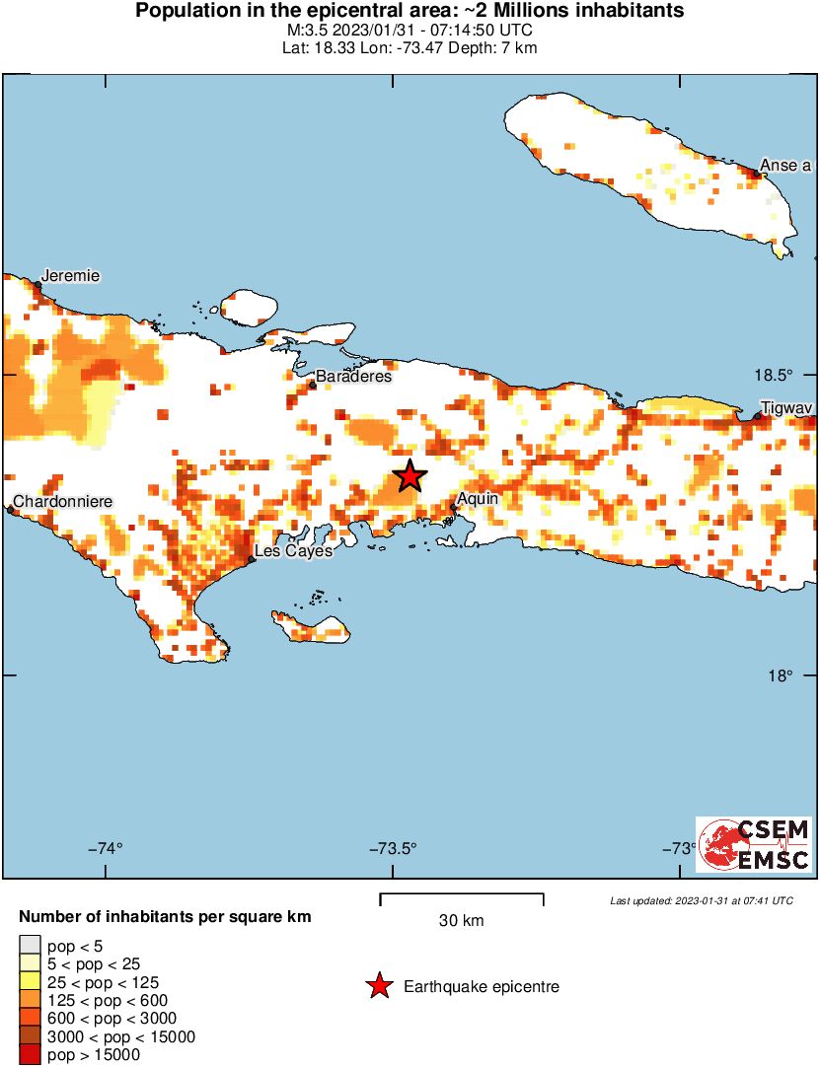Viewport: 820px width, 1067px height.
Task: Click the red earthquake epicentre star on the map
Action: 410,476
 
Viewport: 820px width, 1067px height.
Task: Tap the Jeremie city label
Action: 70,276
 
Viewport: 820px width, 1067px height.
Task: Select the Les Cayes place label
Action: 293,550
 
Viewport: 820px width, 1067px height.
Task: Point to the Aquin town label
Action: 478,499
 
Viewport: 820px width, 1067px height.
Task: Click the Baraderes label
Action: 353,376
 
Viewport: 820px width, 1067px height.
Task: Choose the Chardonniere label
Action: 62,501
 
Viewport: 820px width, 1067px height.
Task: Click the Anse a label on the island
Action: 784,165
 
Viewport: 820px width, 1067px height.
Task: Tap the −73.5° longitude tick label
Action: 394,848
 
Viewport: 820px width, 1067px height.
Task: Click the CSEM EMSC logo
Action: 754,845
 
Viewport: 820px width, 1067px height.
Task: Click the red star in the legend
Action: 378,986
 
